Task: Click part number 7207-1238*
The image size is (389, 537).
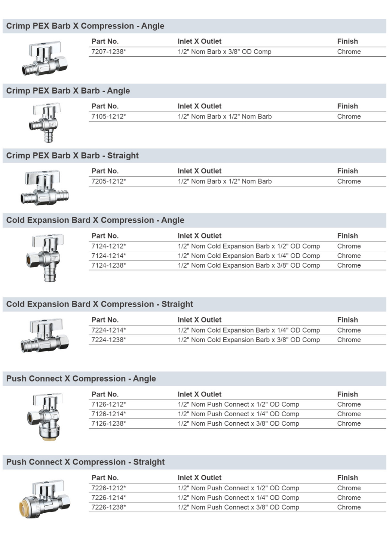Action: point(108,52)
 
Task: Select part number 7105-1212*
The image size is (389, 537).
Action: point(108,117)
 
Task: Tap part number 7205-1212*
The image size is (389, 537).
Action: point(108,181)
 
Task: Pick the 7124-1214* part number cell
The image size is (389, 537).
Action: point(108,256)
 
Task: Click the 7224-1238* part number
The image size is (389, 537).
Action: point(108,340)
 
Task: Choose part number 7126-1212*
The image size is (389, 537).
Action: point(108,404)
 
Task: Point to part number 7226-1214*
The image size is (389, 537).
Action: point(108,498)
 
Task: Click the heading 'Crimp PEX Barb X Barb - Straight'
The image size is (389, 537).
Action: point(72,155)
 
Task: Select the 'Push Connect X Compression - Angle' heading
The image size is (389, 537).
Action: point(81,379)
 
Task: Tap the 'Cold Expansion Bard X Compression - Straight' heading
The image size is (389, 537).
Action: point(99,304)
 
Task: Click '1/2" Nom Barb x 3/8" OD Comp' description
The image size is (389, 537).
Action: point(224,52)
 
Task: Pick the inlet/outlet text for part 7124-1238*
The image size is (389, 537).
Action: point(249,265)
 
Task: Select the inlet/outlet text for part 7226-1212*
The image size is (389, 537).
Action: point(238,488)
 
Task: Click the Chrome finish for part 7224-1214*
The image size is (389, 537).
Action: point(349,330)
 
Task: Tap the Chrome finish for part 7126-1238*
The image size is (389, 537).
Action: point(349,424)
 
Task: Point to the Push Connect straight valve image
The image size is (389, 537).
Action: point(45,499)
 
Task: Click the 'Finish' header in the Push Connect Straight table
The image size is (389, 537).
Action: point(347,478)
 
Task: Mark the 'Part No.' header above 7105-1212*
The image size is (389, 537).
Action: point(105,106)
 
